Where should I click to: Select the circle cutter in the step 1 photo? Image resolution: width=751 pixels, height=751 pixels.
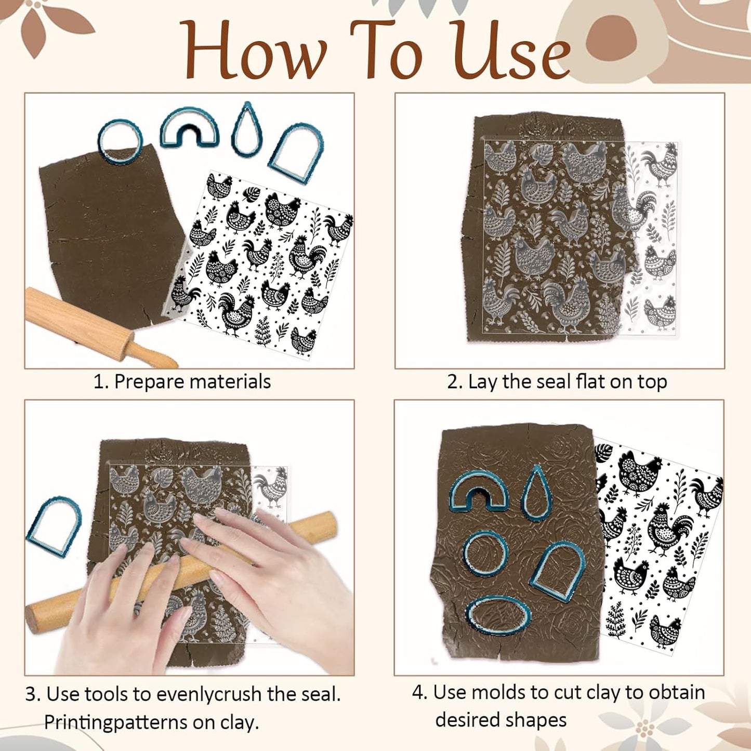120,141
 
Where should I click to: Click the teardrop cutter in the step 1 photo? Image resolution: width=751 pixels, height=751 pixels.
247,130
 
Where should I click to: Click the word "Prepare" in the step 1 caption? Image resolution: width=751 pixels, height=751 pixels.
149,382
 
